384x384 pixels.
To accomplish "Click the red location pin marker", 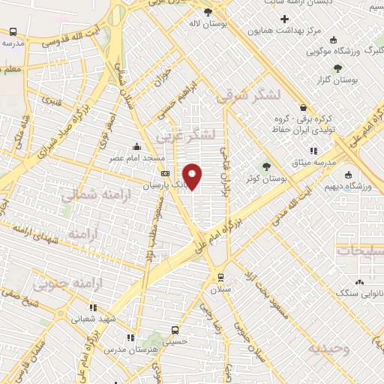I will pos(193,176).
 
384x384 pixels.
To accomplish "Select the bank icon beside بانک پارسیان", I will pos(166,174).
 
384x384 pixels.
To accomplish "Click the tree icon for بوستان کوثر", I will pos(265,166).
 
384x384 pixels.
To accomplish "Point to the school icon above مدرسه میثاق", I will pos(313,151).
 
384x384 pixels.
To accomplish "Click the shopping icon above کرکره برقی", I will pos(303,107).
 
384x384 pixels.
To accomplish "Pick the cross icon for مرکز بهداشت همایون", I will pos(283,18).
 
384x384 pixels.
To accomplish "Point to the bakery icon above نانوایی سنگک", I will pos(359,282).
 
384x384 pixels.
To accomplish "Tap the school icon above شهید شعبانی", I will pos(93,307).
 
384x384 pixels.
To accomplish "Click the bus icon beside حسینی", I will pos(175,329).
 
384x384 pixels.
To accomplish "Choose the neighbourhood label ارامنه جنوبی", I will pos(59,284).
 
